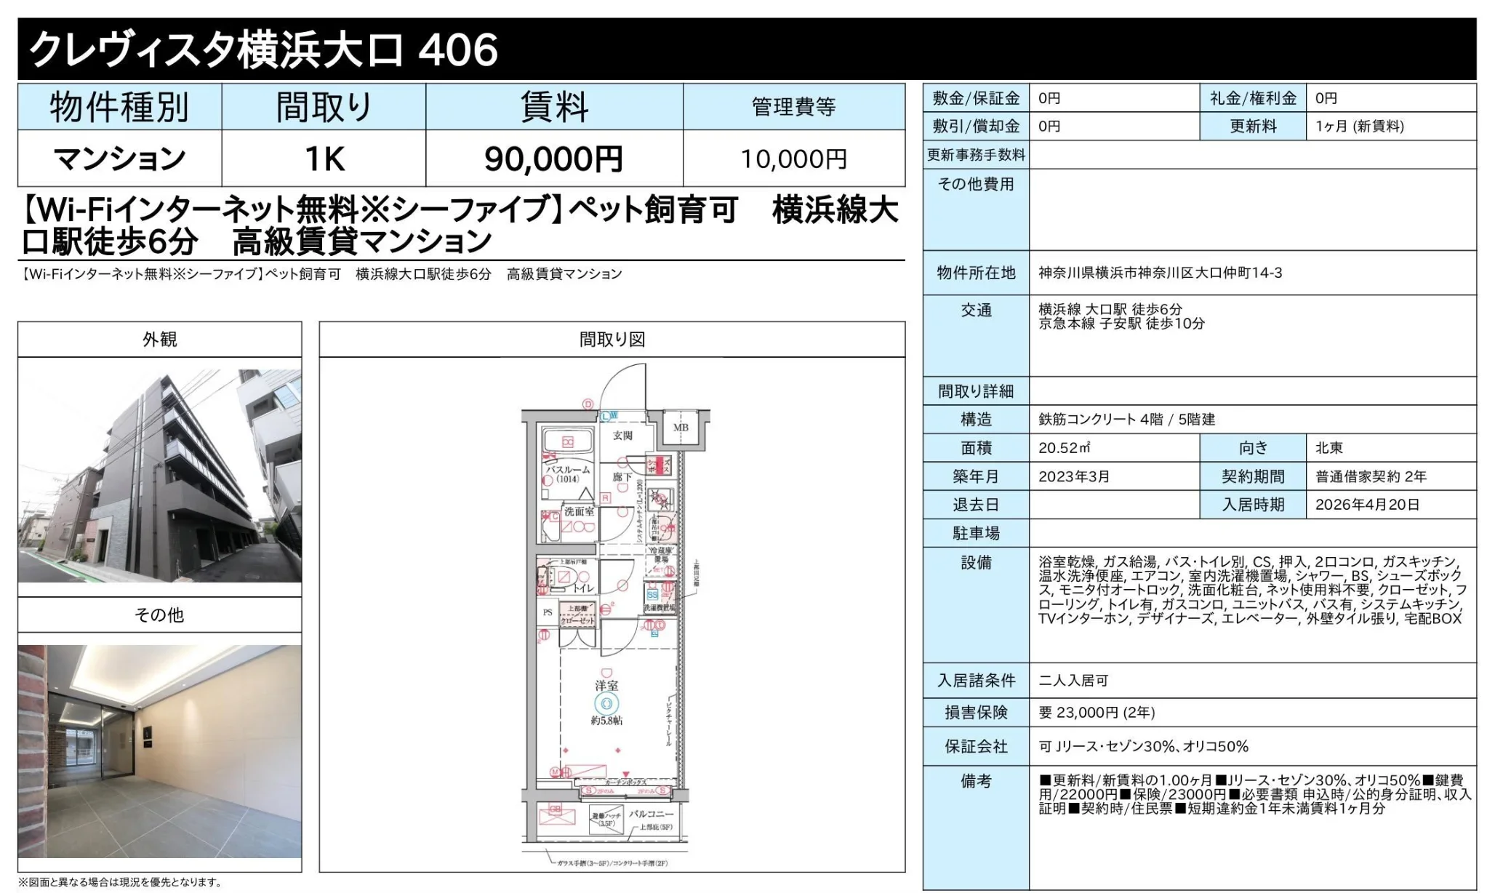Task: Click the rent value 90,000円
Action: tap(553, 159)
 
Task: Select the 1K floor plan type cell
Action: tap(324, 159)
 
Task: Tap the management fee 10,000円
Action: tap(793, 159)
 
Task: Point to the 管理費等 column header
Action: tap(793, 107)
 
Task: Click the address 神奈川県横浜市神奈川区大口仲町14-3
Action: tap(1160, 273)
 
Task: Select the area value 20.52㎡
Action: tap(1064, 448)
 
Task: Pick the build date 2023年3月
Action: tap(1074, 476)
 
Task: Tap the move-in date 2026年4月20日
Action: tap(1367, 505)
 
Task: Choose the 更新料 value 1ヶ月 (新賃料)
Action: tap(1359, 127)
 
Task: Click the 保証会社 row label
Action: tap(976, 746)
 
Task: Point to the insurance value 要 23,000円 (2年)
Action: tap(1097, 713)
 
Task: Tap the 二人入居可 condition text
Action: tap(1073, 681)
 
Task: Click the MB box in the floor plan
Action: tap(681, 428)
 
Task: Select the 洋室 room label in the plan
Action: tap(606, 685)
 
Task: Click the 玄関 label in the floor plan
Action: tap(622, 435)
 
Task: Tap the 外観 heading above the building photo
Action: tap(159, 339)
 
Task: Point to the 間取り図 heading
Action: tap(612, 339)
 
